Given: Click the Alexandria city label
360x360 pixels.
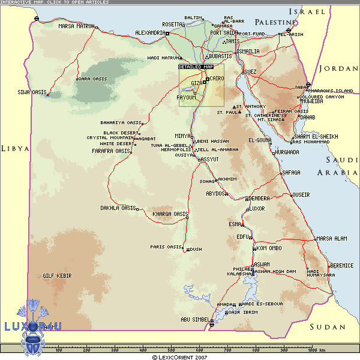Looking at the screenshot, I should pyautogui.click(x=150, y=32).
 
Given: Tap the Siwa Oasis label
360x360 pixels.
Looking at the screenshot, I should pyautogui.click(x=32, y=92).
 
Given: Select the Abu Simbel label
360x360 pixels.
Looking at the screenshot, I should pyautogui.click(x=195, y=319).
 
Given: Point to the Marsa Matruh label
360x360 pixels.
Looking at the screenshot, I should pyautogui.click(x=77, y=26).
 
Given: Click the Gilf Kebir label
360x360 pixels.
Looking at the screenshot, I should pyautogui.click(x=57, y=275).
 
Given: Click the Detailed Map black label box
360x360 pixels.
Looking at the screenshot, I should pyautogui.click(x=196, y=67).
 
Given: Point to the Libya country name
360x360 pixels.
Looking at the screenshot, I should pyautogui.click(x=15, y=148).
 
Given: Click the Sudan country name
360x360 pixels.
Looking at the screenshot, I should pyautogui.click(x=328, y=327).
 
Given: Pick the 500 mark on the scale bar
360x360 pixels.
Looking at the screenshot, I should pyautogui.click(x=172, y=350).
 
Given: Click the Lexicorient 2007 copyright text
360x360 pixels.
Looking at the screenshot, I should pyautogui.click(x=179, y=356).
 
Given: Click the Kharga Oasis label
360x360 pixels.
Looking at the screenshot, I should pyautogui.click(x=170, y=214).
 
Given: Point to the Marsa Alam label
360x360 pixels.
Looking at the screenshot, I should pyautogui.click(x=331, y=239).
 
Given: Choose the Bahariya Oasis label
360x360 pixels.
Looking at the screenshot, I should pyautogui.click(x=121, y=122).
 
